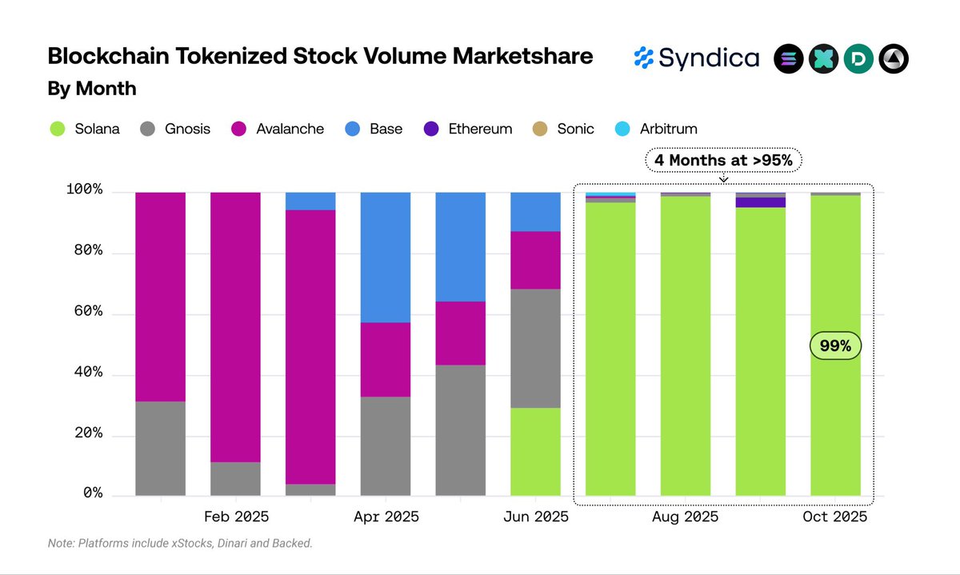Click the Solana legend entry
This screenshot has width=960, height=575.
pos(83,128)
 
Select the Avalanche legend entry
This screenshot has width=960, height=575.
pos(278,128)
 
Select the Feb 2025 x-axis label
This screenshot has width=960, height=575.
pos(236,517)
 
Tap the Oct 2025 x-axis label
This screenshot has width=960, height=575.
pos(835,517)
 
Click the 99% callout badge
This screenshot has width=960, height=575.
pos(835,346)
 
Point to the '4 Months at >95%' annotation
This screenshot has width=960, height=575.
pos(723,160)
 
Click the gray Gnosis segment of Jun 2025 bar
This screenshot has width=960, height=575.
pos(535,348)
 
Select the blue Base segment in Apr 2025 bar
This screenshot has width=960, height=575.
pos(386,257)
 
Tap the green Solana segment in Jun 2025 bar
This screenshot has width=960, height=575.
pos(535,452)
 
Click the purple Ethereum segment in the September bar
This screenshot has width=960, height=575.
pos(760,202)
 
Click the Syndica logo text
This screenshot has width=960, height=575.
pos(708,58)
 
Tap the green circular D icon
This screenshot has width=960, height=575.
pos(858,59)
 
